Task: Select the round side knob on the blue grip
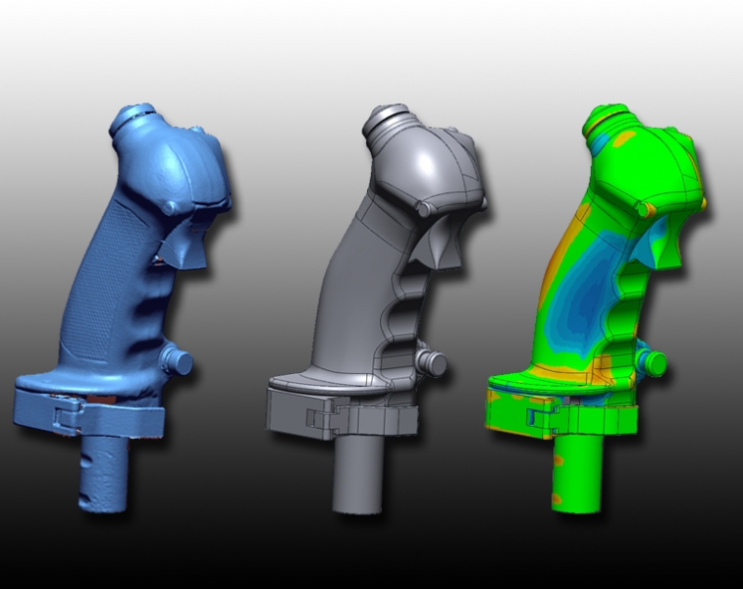(x=178, y=360)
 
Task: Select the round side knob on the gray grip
(x=431, y=362)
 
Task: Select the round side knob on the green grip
(x=653, y=364)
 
